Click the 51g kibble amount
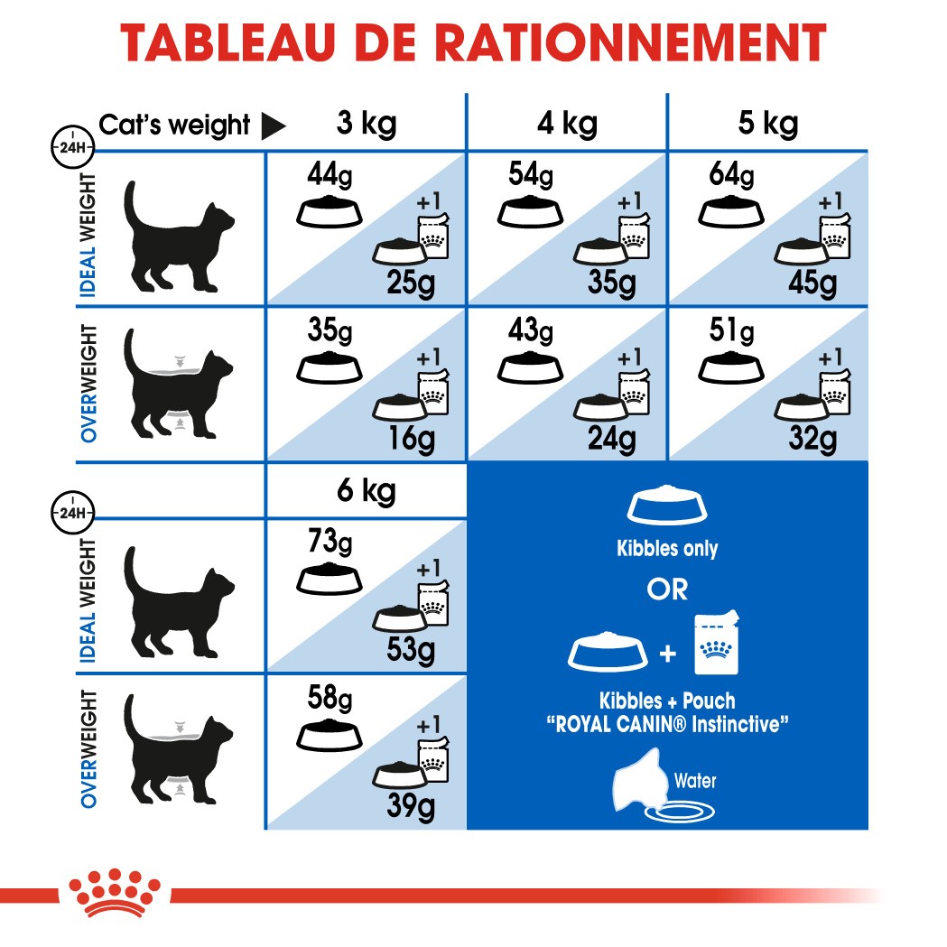pyautogui.click(x=731, y=331)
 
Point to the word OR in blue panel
pyautogui.click(x=666, y=590)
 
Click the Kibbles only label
pyautogui.click(x=667, y=549)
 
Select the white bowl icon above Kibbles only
pyautogui.click(x=667, y=508)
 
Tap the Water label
pyautogui.click(x=694, y=780)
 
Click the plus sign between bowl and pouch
pyautogui.click(x=667, y=652)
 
